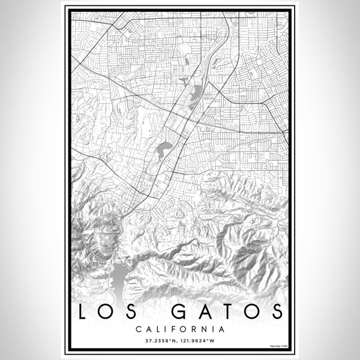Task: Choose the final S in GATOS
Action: tap(275, 312)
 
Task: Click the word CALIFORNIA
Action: tap(180, 329)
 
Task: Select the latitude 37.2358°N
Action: tap(160, 341)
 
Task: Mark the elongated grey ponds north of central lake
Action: tap(196, 95)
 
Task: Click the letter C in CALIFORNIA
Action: tap(139, 329)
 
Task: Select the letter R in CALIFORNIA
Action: tap(196, 329)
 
